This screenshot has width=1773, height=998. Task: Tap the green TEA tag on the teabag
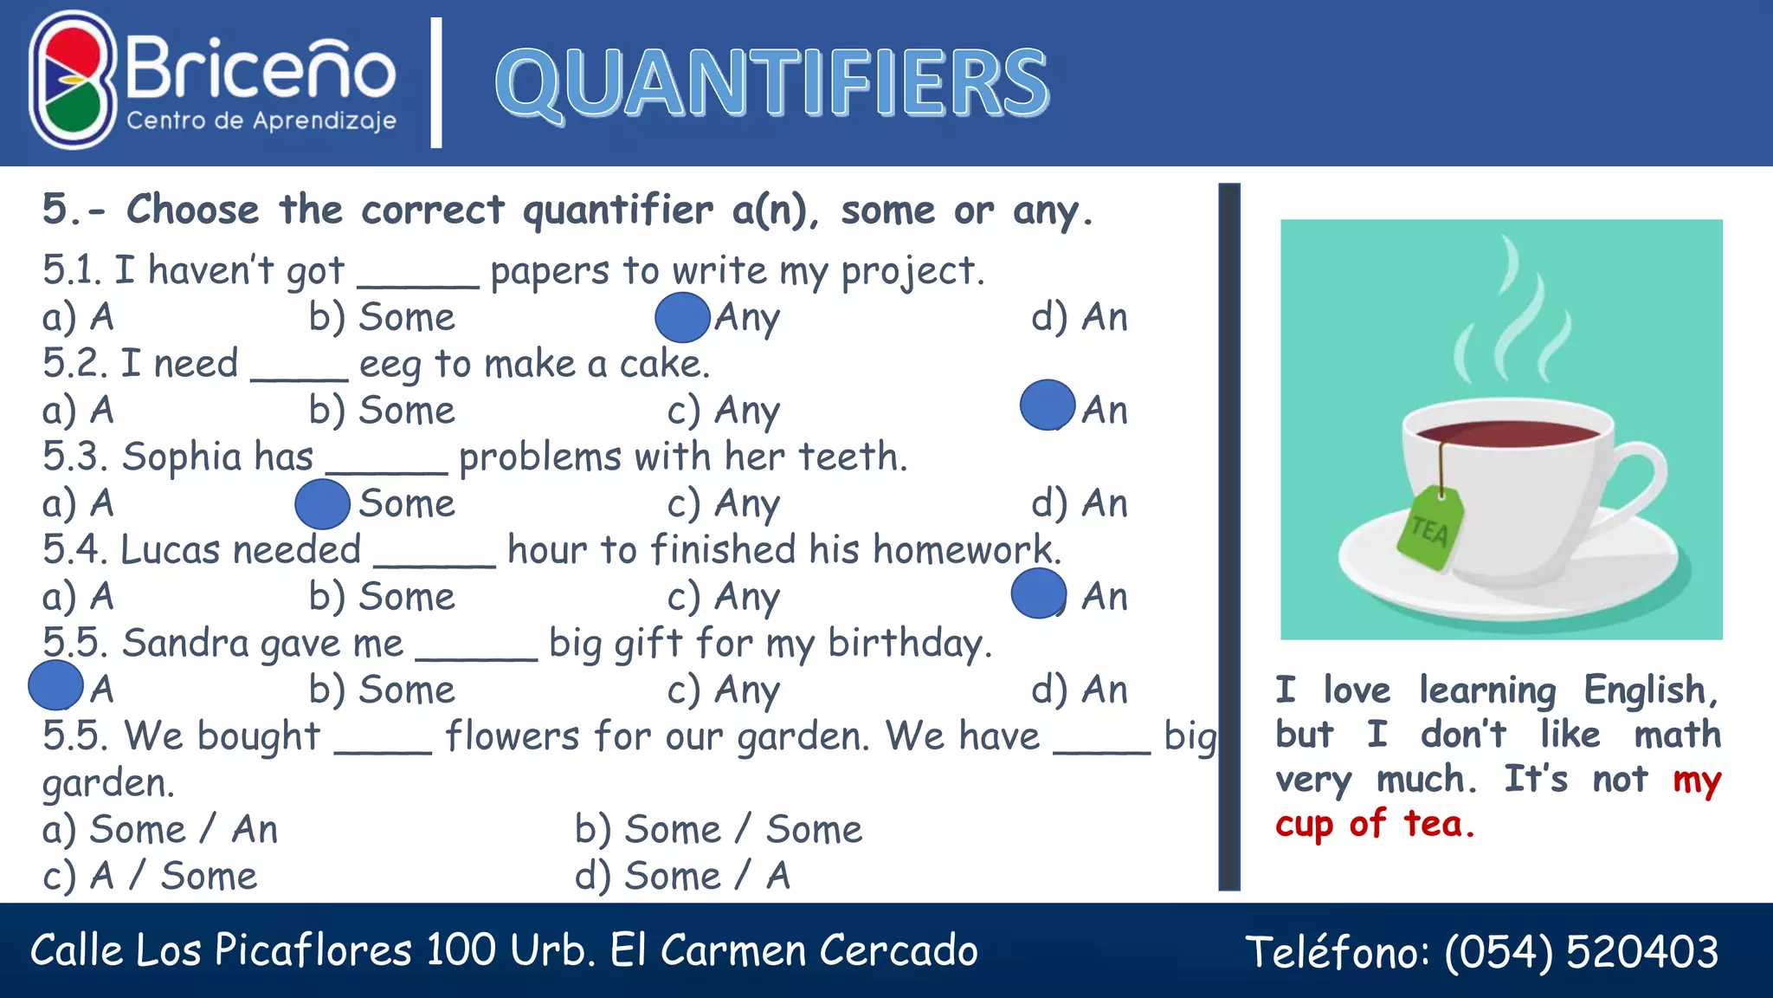pos(1430,528)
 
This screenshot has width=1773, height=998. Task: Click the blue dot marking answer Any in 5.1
pos(682,317)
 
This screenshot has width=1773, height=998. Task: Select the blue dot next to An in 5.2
pos(1048,405)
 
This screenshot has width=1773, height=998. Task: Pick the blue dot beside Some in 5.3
pos(322,504)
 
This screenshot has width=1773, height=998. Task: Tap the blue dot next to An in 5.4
pos(1038,593)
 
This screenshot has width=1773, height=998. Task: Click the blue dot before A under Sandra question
pos(55,685)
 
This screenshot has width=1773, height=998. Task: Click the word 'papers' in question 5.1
pos(550,271)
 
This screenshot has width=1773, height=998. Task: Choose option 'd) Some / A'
pos(682,875)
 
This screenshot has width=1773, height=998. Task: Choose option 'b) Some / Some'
pos(719,829)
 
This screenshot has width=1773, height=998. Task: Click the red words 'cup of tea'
pos(1375,824)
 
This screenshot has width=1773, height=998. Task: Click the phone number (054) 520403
pos(1581,951)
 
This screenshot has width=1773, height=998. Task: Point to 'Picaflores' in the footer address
pos(313,949)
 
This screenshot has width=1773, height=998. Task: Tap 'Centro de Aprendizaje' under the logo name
pos(261,120)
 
